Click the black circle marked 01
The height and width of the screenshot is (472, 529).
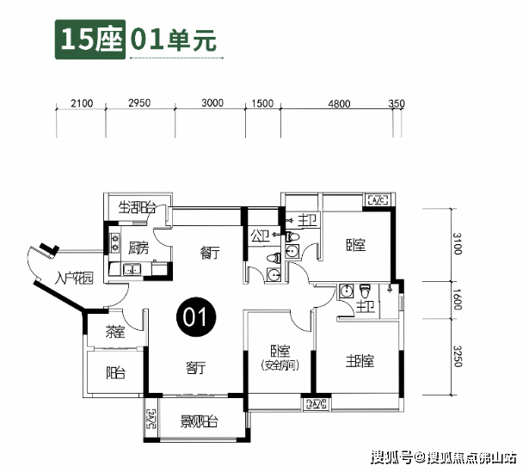(x=195, y=316)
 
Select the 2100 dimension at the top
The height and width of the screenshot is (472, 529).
(x=82, y=103)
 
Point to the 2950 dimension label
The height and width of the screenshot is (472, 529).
(x=139, y=103)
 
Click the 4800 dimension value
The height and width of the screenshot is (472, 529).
(x=339, y=103)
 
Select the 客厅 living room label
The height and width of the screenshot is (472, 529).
(x=196, y=367)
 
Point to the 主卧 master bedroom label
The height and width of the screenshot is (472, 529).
(x=360, y=360)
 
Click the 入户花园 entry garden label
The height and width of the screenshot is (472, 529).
(x=72, y=278)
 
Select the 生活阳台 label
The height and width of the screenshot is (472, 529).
(x=137, y=208)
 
